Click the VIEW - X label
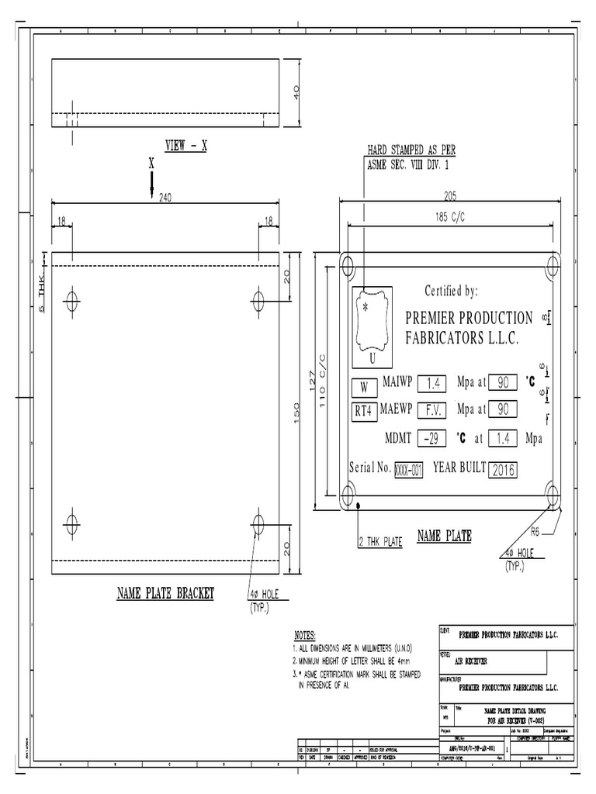(185, 145)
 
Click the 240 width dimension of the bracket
(165, 198)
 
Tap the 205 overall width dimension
(449, 196)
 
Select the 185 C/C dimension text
(449, 218)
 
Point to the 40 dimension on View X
(295, 92)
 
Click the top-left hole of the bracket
(73, 299)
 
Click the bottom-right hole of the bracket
(258, 523)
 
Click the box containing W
(364, 387)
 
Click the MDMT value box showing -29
(431, 438)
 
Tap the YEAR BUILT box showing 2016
(503, 469)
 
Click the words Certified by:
(451, 291)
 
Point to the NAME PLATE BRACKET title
(165, 593)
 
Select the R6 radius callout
(535, 531)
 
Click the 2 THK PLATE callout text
(380, 542)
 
